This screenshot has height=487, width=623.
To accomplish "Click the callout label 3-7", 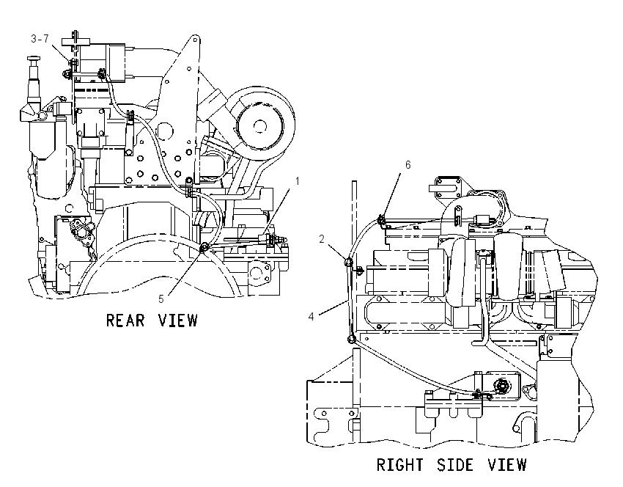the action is coord(40,39).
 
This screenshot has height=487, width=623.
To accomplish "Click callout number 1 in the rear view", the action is coord(297,181).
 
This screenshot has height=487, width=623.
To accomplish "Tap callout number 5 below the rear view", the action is coord(161,299).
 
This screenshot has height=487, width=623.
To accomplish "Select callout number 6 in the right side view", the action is coord(408,164).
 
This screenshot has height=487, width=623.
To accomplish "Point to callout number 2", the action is coord(322,239).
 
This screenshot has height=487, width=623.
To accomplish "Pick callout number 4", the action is coord(311,316).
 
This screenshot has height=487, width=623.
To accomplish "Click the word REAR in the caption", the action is coord(125,320).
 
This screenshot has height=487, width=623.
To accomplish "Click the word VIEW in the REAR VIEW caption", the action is coord(178,320).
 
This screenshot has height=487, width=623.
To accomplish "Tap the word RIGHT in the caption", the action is coord(400,465).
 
